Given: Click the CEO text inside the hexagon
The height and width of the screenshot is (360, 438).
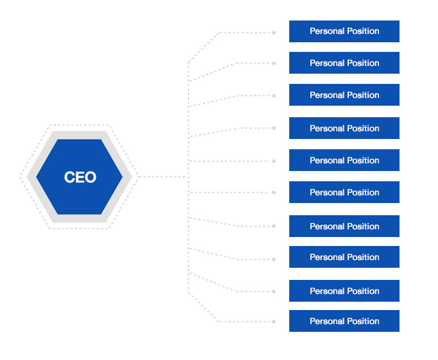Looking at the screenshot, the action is click(x=80, y=177).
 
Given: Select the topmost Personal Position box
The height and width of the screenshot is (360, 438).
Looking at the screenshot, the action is click(x=344, y=31).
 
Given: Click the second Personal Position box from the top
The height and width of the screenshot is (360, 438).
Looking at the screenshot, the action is click(x=344, y=63).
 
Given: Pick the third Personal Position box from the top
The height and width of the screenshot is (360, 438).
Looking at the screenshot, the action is click(x=344, y=95).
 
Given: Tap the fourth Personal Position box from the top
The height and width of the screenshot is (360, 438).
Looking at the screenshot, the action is click(x=344, y=128).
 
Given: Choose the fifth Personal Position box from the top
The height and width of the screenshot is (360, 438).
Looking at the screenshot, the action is click(x=344, y=160).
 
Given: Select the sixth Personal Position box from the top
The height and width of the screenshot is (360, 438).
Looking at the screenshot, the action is click(x=344, y=192).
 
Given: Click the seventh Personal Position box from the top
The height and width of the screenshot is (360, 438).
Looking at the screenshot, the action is click(x=344, y=226).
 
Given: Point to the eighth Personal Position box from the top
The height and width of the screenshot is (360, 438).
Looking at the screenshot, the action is click(x=344, y=257).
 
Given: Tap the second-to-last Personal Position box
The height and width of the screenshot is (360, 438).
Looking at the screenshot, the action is click(x=344, y=291).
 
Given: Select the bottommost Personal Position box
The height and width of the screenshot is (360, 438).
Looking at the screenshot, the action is click(x=344, y=321).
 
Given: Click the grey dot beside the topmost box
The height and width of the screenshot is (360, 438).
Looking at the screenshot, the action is click(x=274, y=33).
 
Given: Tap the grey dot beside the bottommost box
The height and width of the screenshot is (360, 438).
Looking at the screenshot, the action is click(x=274, y=322).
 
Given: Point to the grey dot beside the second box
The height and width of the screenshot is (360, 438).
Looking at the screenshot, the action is click(x=274, y=63).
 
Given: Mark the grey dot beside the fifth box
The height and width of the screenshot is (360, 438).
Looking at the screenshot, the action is click(x=274, y=161).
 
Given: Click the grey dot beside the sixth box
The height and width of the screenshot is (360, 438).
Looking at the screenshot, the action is click(x=274, y=193).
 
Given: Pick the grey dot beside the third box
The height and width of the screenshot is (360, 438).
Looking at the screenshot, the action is click(x=274, y=95).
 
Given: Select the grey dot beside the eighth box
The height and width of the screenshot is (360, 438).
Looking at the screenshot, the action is click(x=274, y=259).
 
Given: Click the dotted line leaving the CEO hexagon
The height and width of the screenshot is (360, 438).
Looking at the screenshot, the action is click(x=163, y=177).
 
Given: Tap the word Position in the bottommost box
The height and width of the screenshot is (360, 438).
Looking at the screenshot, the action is click(x=363, y=321).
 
